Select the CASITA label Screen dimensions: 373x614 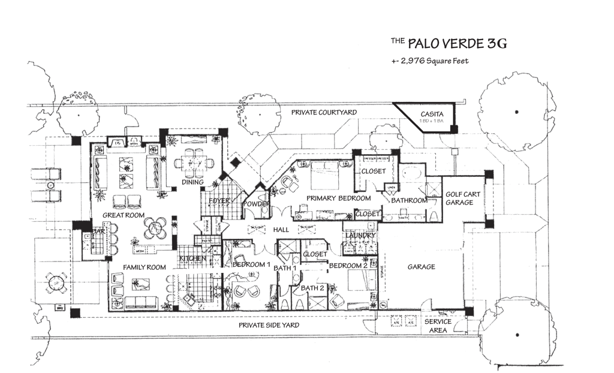432,113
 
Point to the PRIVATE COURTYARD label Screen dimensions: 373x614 324,112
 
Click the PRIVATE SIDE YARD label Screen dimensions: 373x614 269,325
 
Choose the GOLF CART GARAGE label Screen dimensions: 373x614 462,198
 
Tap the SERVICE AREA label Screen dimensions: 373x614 438,326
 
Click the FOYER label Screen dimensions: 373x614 219,201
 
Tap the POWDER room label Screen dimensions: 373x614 256,204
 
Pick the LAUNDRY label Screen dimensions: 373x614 361,236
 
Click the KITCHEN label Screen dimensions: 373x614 193,259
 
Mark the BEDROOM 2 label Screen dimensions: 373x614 348,266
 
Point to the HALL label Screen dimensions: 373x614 281,230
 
